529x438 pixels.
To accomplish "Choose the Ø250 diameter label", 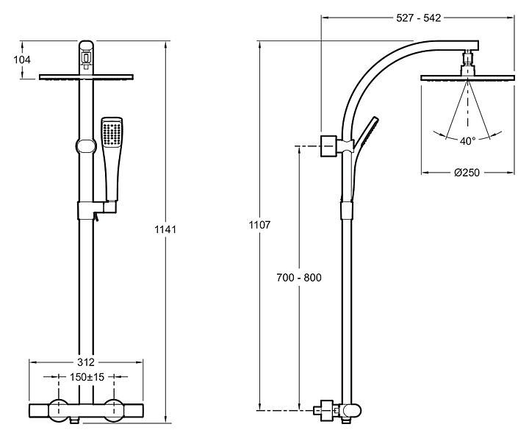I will pos(467,173).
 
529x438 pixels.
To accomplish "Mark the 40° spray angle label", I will pos(467,140).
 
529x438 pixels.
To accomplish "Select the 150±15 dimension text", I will pos(87,377).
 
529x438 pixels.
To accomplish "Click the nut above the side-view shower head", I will pos(467,59).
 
